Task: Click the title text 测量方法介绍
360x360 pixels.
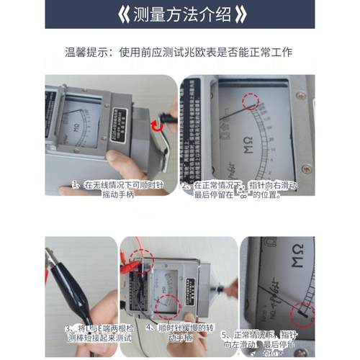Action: (x=179, y=14)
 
